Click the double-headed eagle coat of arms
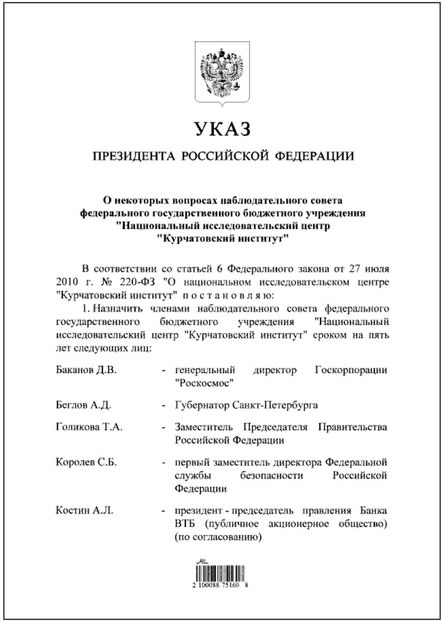(222, 72)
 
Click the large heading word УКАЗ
(223, 129)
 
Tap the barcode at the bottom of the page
(221, 573)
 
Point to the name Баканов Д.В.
(86, 370)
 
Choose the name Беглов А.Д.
(84, 404)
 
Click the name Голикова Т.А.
(89, 427)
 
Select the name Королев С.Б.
(86, 462)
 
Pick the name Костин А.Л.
(85, 511)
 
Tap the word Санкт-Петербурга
(275, 404)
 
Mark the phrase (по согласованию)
(218, 537)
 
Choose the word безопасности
(272, 475)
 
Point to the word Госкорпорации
(351, 370)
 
